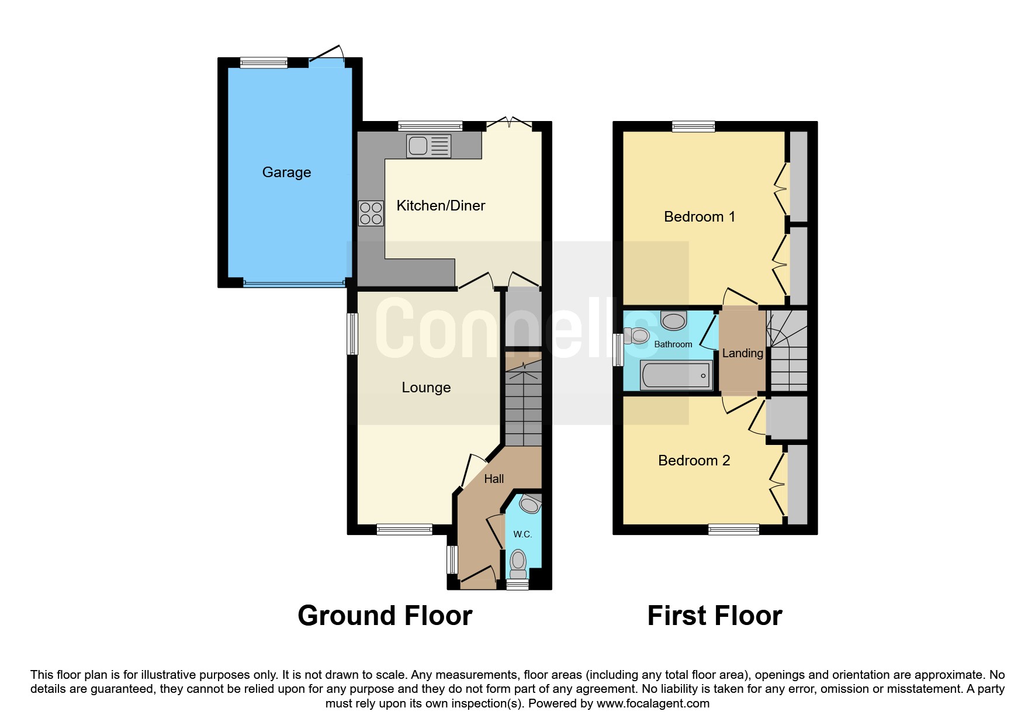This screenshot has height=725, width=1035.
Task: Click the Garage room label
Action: (286, 172)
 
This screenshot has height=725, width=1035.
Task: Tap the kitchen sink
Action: (429, 146)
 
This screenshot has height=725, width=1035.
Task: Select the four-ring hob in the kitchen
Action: (371, 213)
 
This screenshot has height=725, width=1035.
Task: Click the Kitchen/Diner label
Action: (441, 206)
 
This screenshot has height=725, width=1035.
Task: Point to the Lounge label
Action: (426, 388)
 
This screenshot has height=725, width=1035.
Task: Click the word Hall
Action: (494, 479)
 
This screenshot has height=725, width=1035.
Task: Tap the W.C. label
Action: (522, 534)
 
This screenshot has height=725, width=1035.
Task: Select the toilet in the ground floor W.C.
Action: (518, 564)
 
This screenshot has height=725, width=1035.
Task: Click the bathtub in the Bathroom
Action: (676, 375)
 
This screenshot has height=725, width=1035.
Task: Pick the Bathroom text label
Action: (673, 344)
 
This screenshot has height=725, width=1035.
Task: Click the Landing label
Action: (743, 353)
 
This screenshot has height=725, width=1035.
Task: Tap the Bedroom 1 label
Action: (700, 217)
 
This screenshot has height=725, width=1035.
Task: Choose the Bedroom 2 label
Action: (694, 461)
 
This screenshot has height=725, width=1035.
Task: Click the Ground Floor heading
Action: (385, 616)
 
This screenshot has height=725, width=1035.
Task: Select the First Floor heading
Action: (715, 616)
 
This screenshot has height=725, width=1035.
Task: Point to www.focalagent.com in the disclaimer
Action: (653, 703)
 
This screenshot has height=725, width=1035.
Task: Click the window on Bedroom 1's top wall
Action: (694, 126)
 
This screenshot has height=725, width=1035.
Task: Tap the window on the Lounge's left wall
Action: (352, 334)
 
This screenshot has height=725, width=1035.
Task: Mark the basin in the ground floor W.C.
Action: (530, 503)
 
